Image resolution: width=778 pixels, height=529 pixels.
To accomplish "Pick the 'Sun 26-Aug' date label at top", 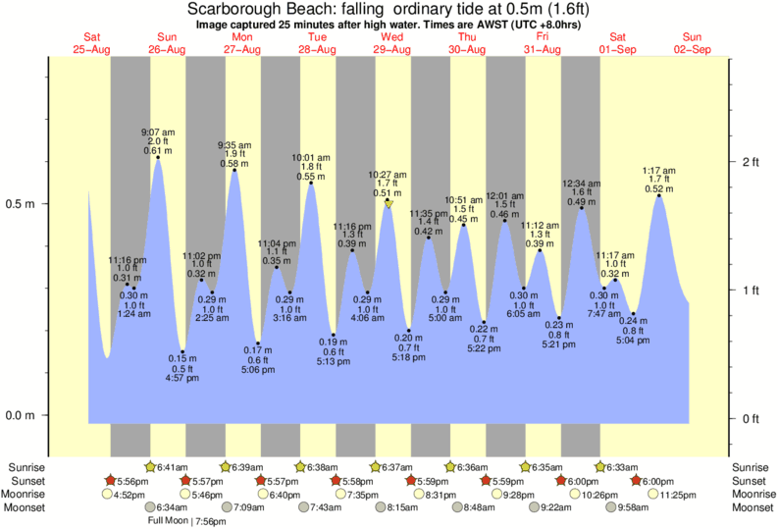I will tap(167, 43).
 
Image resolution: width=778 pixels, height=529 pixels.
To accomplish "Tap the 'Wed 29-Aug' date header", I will tap(391, 43).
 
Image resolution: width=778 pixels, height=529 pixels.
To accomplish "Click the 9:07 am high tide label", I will tap(157, 131).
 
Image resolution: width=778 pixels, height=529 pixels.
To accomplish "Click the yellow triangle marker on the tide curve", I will tap(389, 204).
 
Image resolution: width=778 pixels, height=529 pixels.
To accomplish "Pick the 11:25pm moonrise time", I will tap(678, 495).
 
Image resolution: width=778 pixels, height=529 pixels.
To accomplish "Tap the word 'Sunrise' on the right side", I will tap(752, 467).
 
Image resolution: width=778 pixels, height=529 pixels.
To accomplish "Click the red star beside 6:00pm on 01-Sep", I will tap(637, 481).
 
